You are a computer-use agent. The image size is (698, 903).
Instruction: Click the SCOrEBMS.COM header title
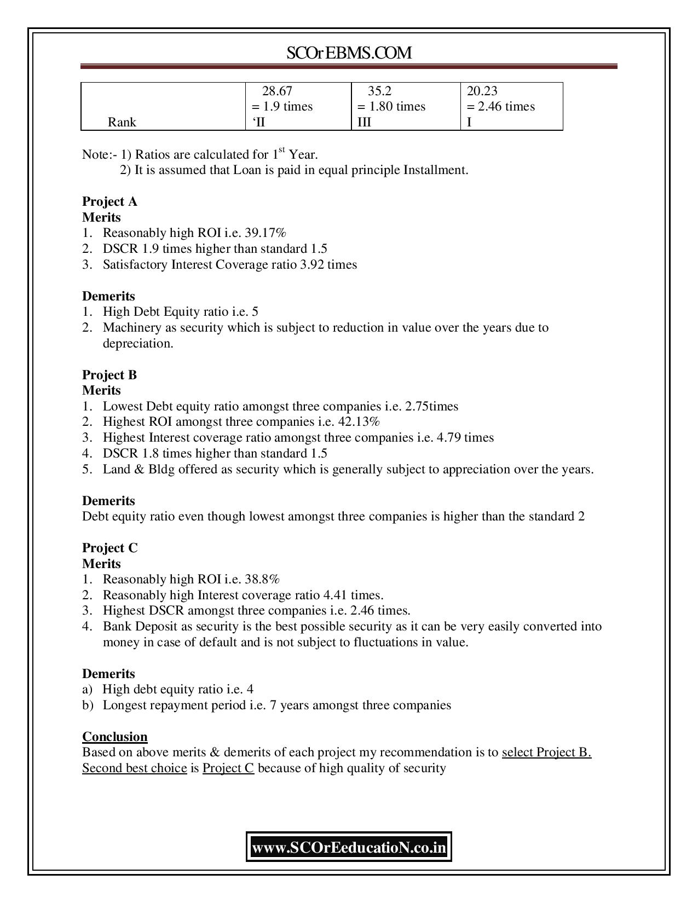coord(349,53)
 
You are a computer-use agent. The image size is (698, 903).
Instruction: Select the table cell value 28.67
coord(277,91)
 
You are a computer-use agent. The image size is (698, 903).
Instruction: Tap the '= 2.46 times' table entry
coord(500,106)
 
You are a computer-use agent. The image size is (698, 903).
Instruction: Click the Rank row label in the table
coord(122,122)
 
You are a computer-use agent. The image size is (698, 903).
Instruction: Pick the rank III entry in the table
coord(364,122)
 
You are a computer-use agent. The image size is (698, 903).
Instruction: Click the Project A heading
coord(109,201)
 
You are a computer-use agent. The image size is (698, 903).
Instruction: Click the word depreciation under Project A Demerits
coord(137,344)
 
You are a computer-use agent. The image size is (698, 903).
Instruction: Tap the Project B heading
coord(109,375)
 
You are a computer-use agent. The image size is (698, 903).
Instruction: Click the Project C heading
coord(109,548)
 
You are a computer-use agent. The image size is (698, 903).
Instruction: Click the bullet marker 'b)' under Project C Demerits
coord(88,705)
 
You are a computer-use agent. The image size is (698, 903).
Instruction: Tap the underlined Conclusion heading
coord(114,737)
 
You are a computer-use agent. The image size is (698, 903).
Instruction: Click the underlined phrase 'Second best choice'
coord(134,768)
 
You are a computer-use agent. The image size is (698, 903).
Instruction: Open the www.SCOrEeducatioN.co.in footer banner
coord(349,848)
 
